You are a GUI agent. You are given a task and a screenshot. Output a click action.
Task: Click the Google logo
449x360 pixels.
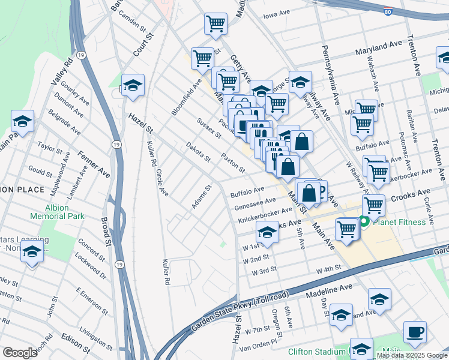20,353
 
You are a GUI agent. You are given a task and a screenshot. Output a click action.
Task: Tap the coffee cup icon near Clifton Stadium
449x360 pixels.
414,331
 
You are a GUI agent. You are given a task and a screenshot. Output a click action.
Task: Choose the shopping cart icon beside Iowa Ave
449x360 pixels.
215,25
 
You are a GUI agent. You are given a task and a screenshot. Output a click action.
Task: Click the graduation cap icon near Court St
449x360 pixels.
133,85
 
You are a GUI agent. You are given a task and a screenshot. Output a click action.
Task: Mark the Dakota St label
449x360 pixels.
197,152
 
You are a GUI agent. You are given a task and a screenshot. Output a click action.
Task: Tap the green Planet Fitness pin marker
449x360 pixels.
364,222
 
